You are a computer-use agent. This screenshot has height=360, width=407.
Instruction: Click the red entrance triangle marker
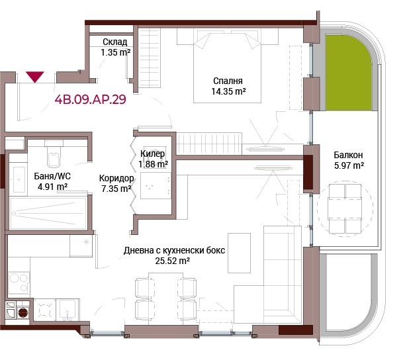pos(35,77)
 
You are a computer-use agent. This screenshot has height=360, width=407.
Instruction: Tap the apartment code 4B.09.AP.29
pos(90,99)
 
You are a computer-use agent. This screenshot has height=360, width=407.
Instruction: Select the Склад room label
pos(114,42)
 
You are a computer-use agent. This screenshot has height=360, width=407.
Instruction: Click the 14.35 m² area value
pos(228,91)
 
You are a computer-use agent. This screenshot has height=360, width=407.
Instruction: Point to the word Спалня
pos(228,81)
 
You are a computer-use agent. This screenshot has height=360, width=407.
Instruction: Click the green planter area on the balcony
pos(348,73)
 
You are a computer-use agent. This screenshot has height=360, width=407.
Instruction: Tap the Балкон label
pos(348,155)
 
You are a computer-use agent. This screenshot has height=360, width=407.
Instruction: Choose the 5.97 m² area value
pos(349,165)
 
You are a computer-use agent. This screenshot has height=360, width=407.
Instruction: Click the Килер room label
pos(152,154)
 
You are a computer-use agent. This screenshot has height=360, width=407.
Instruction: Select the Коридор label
pos(116,178)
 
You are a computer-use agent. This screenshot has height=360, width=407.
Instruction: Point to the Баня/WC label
pos(52,176)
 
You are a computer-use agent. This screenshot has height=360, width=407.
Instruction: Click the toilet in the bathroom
pos(54,154)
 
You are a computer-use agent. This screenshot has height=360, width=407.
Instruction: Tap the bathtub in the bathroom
pos(48,213)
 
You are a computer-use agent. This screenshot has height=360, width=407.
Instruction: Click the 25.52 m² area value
pos(172,261)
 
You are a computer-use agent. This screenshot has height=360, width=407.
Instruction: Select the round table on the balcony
pos(345,208)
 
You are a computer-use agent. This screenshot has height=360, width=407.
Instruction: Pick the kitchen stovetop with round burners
pos(19,283)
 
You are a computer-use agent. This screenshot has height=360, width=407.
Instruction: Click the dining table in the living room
pos(165,298)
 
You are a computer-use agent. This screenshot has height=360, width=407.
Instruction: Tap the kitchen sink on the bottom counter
pos(68,310)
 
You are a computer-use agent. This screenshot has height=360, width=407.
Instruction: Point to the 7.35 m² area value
pos(116,189)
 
